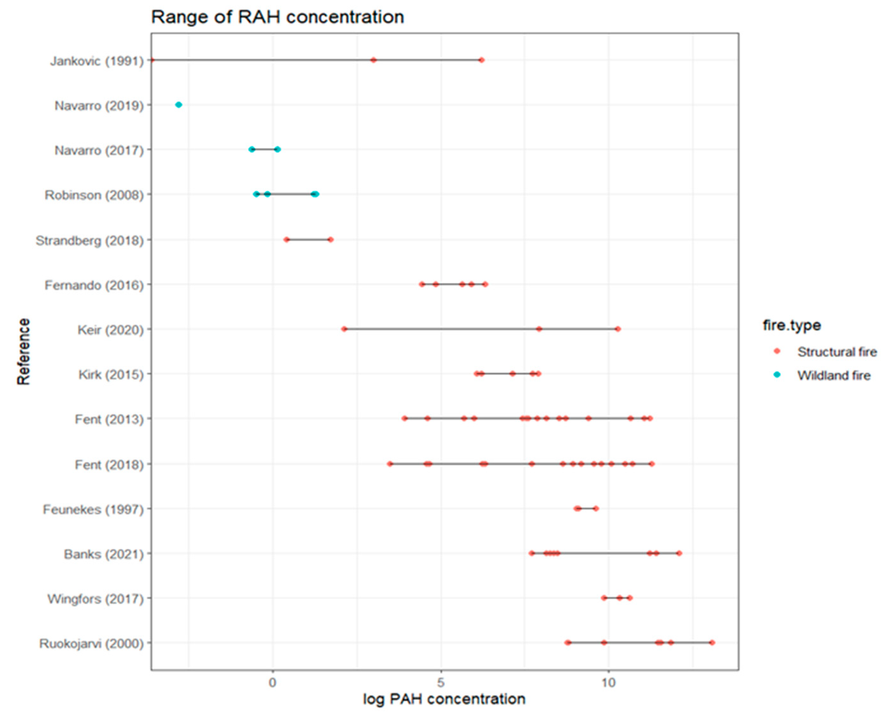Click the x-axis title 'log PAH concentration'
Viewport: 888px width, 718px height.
[x=444, y=699]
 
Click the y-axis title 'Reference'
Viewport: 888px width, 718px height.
[x=24, y=352]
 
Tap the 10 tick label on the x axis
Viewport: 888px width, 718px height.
[x=608, y=682]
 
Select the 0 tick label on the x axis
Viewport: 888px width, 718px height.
[x=272, y=682]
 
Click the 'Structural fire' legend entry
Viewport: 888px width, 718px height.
[x=837, y=352]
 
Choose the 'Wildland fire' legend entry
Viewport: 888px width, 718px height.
[x=833, y=376]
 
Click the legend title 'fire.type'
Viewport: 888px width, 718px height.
[x=791, y=325]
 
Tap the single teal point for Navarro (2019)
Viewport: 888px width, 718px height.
[x=179, y=105]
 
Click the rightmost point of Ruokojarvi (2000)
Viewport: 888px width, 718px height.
[x=712, y=643]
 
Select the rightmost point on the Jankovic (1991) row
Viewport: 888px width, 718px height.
[x=481, y=60]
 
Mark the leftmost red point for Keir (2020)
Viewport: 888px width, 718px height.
[x=344, y=329]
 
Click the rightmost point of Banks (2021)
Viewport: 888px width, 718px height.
[x=679, y=553]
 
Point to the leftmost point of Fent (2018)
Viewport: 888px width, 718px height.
[x=390, y=464]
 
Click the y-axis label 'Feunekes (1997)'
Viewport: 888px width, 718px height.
[x=93, y=509]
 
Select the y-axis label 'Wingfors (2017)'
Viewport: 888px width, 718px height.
[x=95, y=598]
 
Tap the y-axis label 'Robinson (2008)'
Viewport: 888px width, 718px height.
[x=94, y=195]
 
